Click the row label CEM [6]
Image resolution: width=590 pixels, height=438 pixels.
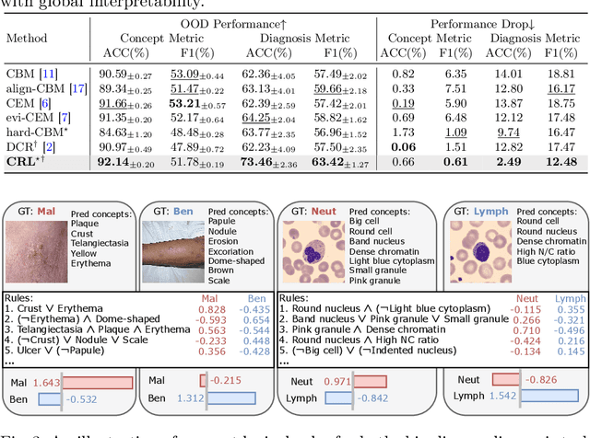(x=28, y=103)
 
